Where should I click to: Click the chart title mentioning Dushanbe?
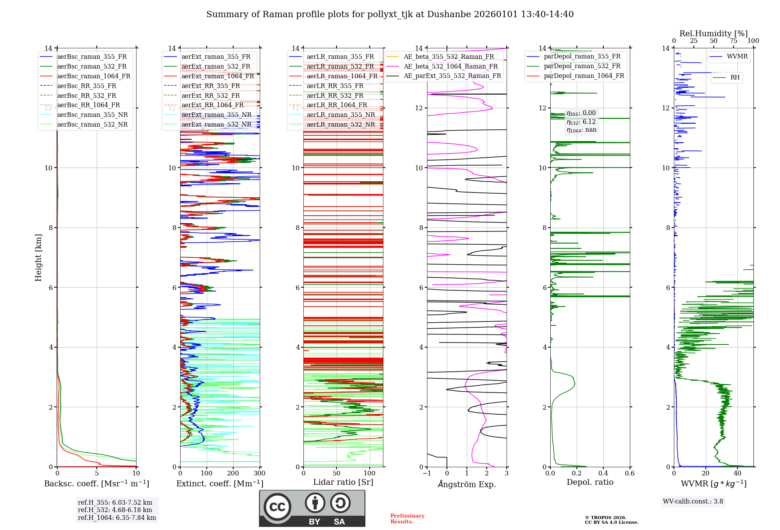(390, 14)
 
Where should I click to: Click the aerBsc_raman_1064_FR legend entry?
(94, 76)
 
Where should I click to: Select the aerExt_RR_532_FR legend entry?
(211, 95)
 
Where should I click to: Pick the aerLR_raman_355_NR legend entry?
(340, 115)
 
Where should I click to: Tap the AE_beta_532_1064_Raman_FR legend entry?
(450, 66)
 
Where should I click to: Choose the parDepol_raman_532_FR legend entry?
(582, 66)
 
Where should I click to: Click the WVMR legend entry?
(737, 57)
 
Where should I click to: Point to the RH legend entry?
(735, 78)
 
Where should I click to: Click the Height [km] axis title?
(38, 258)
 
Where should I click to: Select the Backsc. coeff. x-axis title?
(96, 484)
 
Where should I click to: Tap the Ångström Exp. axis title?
(467, 484)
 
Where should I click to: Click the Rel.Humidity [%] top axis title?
(713, 34)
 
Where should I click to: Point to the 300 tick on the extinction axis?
(259, 473)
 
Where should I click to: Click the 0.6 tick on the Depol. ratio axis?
(629, 473)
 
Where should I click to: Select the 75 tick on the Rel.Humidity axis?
(733, 41)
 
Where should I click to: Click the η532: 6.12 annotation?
(581, 122)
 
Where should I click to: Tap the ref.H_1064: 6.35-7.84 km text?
(117, 518)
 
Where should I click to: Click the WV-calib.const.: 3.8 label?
(693, 502)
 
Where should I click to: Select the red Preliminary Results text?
(407, 519)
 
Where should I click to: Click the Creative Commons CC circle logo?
(277, 507)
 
